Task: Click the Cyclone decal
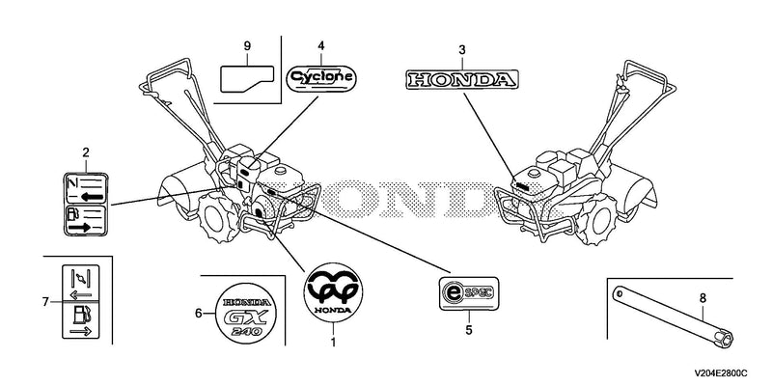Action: click(321, 78)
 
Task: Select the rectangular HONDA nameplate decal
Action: click(462, 79)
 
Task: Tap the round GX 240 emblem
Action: click(246, 313)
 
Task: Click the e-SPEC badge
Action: click(469, 293)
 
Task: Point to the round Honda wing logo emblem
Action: click(333, 292)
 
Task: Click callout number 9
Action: click(247, 45)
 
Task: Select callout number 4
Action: click(321, 45)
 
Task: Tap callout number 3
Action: click(462, 50)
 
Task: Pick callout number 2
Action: click(86, 152)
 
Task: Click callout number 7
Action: click(45, 301)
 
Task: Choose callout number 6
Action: click(199, 313)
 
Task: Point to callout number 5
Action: click(469, 329)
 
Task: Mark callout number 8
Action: click(703, 297)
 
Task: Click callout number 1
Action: click(333, 341)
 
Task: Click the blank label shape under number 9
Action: click(247, 79)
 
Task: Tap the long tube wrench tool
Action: click(673, 317)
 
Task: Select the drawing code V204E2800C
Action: click(721, 373)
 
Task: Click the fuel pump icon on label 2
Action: click(72, 213)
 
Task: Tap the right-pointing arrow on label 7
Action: click(81, 331)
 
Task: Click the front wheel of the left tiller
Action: click(214, 217)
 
